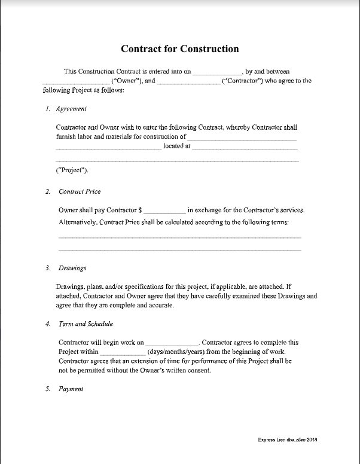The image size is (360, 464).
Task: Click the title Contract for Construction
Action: [x=179, y=49]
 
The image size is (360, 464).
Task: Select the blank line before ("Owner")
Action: [x=77, y=81]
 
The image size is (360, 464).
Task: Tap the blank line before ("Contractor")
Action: [x=188, y=81]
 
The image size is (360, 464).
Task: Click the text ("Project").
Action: [x=72, y=171]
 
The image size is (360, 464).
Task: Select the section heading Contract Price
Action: [x=80, y=191]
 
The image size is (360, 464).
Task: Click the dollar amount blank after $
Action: [x=165, y=211]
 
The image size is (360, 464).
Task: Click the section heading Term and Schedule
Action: [x=86, y=323]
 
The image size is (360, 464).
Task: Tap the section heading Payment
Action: [x=71, y=389]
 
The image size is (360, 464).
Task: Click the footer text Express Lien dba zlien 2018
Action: [x=287, y=439]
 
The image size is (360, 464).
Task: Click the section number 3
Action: [x=47, y=268]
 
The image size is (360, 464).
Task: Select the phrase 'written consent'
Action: [x=190, y=371]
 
